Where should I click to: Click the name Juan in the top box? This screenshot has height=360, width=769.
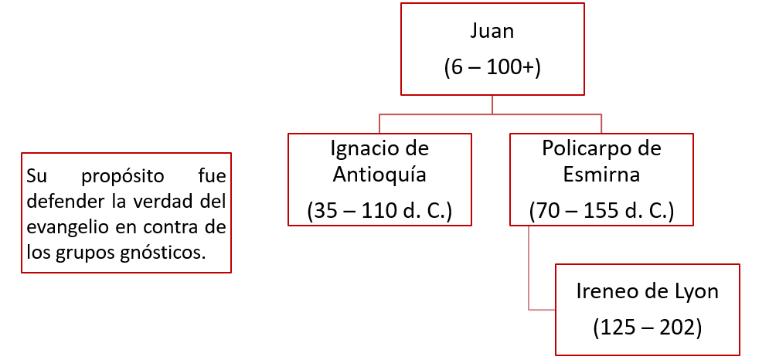pos(492,32)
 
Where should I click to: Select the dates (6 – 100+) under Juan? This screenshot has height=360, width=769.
pos(492,67)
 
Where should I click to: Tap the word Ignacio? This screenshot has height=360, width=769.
pos(359,148)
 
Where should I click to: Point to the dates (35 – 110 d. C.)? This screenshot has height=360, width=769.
pos(379,209)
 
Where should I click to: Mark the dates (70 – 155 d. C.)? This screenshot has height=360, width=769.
pos(601,209)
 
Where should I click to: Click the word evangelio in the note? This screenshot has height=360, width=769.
pos(61,227)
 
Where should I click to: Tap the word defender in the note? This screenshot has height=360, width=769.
pos(56,202)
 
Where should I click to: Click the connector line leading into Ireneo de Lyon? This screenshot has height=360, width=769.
pos(541,310)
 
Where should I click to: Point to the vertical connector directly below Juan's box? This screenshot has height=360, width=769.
pos(492,104)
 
